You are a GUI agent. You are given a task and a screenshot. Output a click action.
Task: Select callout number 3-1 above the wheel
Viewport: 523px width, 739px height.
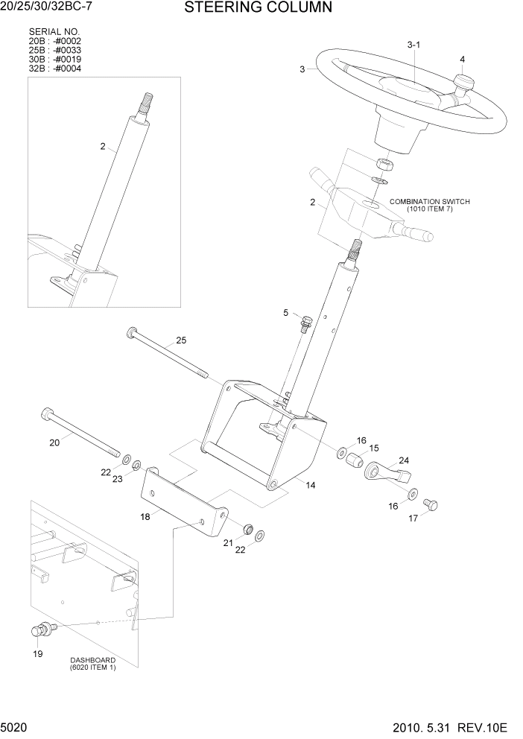click(414, 45)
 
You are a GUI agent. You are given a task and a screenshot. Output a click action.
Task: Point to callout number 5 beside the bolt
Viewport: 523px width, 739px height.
click(285, 313)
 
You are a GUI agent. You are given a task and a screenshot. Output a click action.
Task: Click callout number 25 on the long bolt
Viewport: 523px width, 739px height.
click(181, 340)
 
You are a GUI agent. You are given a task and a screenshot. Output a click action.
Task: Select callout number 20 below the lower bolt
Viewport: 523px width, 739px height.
click(54, 443)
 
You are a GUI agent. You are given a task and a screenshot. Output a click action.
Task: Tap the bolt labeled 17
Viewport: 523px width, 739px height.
click(430, 506)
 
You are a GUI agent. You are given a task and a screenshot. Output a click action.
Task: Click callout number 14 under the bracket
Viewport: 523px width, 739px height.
click(310, 485)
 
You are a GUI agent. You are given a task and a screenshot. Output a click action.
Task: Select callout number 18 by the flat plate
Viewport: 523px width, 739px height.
click(146, 516)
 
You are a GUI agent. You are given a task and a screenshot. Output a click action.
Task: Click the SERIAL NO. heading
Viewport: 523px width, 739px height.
click(54, 32)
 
